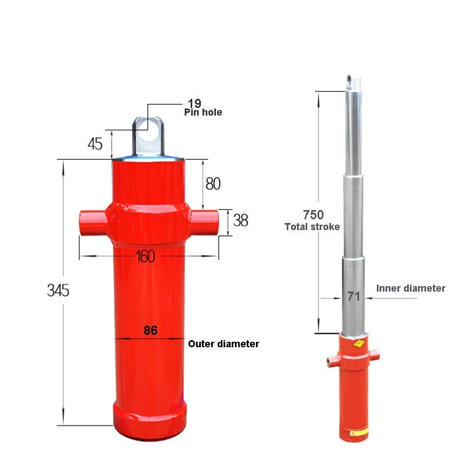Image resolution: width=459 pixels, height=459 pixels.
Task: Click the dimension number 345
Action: pos(58,291)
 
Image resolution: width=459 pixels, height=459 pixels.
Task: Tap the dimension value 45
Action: pos(95,144)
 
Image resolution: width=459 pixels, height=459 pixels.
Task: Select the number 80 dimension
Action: pos(213,184)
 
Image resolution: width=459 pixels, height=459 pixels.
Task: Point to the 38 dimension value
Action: pos(241,220)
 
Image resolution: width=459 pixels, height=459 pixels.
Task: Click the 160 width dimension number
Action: pos(145,256)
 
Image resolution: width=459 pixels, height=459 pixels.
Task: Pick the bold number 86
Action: pos(151,330)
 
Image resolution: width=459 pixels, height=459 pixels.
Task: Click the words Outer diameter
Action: pos(224,343)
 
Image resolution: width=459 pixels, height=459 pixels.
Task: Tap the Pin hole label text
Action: pos(203,112)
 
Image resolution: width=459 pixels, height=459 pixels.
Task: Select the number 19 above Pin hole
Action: pos(194,103)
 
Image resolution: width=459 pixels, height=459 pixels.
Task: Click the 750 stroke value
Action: pos(313,214)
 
